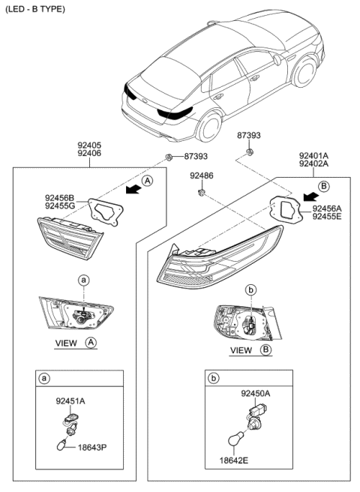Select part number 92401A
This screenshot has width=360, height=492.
coord(313,154)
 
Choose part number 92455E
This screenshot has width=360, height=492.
coord(327,217)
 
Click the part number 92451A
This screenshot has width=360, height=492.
coord(70,401)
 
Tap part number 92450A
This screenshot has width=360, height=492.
coord(256,393)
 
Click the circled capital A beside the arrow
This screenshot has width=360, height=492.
coord(148,180)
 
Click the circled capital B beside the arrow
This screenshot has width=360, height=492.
coord(324,185)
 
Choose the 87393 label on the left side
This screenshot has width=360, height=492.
coord(196,157)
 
